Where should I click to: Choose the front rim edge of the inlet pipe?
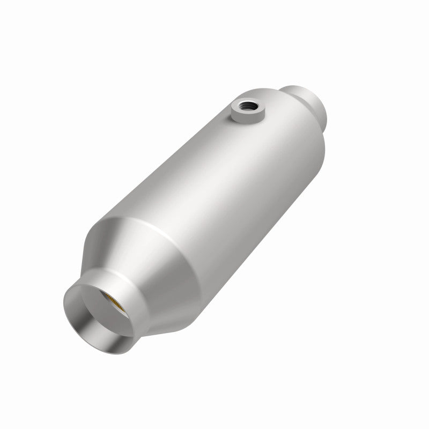[x=75, y=316]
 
